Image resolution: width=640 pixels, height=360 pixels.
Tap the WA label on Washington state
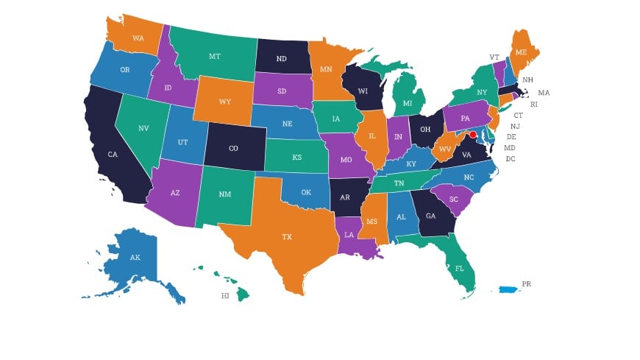coord(138,38)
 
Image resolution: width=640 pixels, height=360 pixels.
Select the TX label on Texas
coord(286,237)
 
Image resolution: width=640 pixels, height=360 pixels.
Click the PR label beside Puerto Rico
coord(526,283)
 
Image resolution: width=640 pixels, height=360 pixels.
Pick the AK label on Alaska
coord(135,258)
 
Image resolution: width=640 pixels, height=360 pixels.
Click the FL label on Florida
coord(459,268)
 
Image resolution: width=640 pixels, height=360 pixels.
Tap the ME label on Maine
coord(521,53)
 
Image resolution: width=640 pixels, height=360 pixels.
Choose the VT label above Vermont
coord(494,57)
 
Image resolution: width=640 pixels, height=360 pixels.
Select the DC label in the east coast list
coord(511,158)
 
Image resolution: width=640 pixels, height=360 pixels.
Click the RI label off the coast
coord(533,105)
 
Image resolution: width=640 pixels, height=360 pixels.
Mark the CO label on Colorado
coord(233,148)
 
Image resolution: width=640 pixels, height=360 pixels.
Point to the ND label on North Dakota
coord(281,59)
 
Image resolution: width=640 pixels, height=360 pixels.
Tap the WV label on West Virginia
coord(444,149)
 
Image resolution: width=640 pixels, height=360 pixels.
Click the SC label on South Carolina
coord(454,200)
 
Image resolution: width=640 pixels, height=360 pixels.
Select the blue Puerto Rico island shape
coord(508,289)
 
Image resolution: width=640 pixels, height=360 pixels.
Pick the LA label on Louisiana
coord(349,234)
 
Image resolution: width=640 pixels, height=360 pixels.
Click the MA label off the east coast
coord(544,93)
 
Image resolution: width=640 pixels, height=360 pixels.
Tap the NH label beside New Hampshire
coord(527,80)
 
